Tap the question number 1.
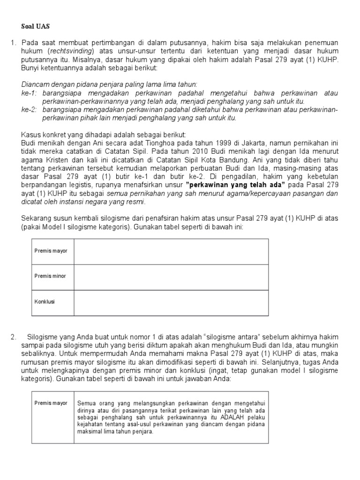pyautogui.click(x=13, y=43)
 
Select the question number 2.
pyautogui.click(x=14, y=337)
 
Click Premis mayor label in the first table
pyautogui.click(x=51, y=251)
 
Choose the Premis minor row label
pyautogui.click(x=50, y=276)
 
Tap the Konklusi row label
pyautogui.click(x=45, y=301)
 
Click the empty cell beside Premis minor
pyautogui.click(x=171, y=277)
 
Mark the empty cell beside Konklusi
pyautogui.click(x=171, y=302)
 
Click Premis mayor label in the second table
pyautogui.click(x=51, y=403)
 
